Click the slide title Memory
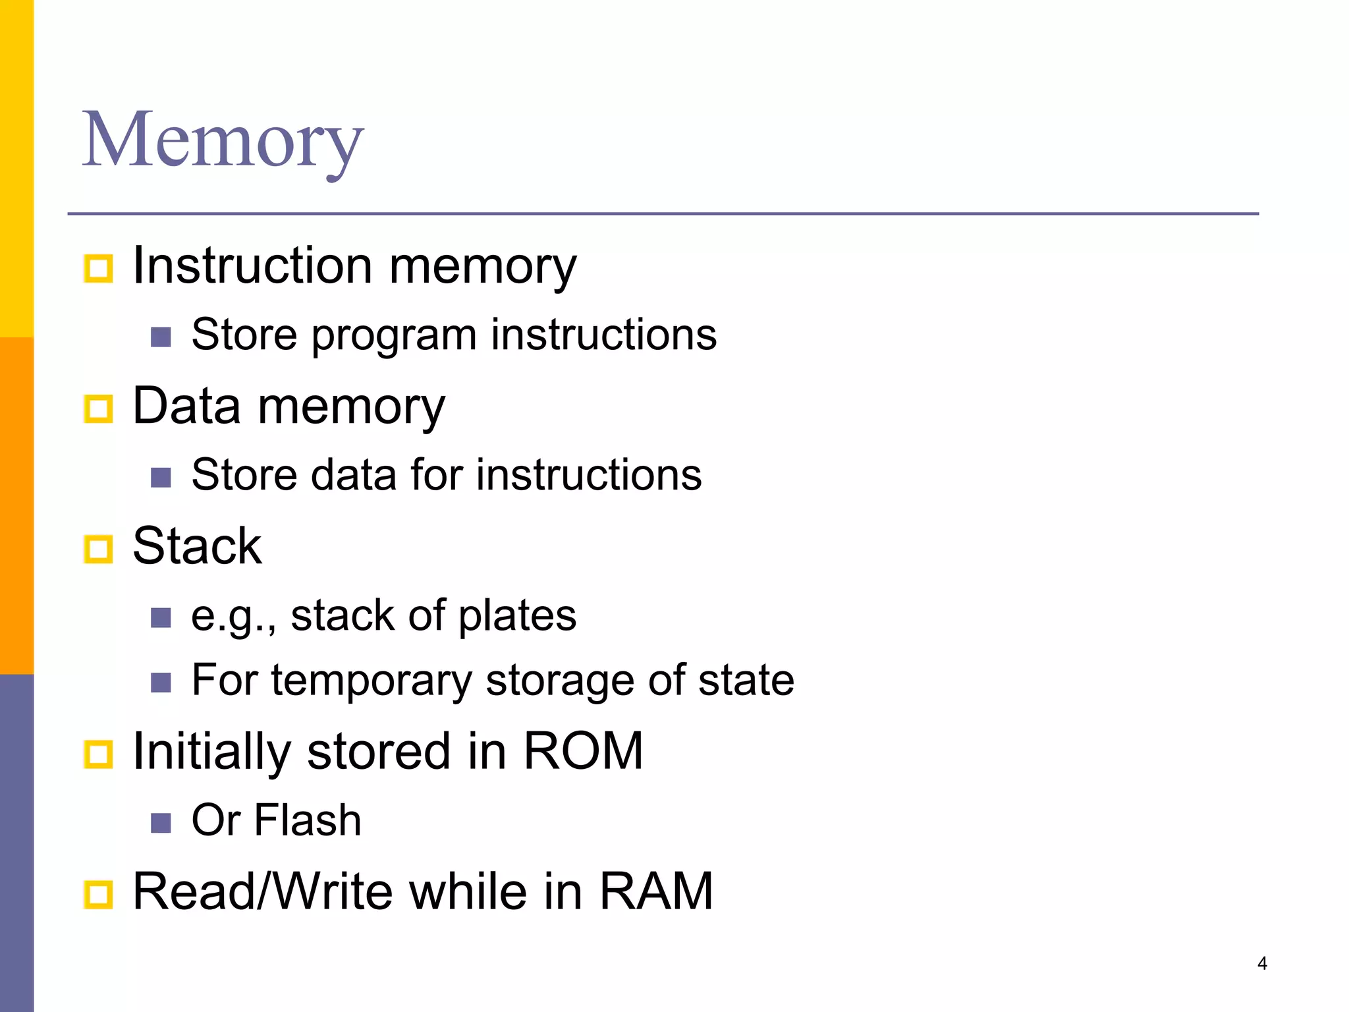tap(223, 140)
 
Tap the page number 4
tap(1262, 963)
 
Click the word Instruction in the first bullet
tap(252, 266)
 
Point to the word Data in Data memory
tap(186, 406)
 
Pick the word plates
tap(517, 615)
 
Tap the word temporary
tap(371, 680)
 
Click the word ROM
tap(583, 751)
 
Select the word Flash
tap(308, 820)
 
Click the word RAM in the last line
tap(655, 891)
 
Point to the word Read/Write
tap(263, 891)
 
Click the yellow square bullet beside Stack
tap(99, 549)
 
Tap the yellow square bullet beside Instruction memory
tap(99, 268)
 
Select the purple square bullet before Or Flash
tap(161, 823)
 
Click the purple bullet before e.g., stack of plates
tap(161, 618)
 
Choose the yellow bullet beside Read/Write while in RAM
tap(99, 894)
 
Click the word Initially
tap(211, 751)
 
